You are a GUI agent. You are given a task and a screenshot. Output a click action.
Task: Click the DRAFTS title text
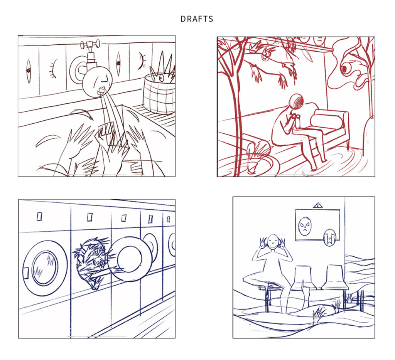197,19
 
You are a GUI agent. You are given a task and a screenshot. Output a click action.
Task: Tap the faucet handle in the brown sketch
90,45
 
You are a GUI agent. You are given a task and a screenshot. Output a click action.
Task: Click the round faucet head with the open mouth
97,82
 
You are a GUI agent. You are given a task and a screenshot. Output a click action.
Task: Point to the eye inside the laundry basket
161,78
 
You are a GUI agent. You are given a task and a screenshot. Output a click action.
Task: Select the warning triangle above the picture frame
318,205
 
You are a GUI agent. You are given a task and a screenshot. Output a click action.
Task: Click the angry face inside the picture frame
305,226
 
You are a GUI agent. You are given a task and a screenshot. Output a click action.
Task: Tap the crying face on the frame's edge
329,237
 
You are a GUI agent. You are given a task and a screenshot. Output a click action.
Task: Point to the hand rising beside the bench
306,293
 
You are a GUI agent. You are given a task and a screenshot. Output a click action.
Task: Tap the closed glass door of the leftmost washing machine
45,268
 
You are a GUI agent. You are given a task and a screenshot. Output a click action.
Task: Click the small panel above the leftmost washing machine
39,217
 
